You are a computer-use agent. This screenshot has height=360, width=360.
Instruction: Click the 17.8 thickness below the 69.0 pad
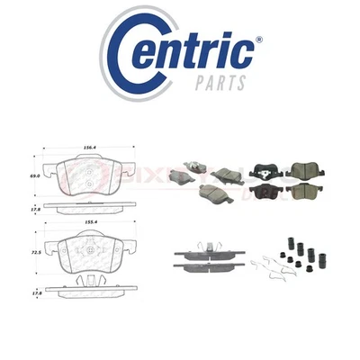(33, 209)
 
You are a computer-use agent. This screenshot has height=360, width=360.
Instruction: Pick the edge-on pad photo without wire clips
(208, 265)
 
